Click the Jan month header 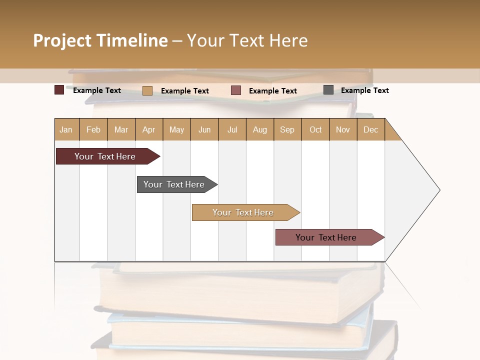point(66,129)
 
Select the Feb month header point(93,129)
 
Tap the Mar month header point(121,129)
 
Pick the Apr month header point(148,129)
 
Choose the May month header point(176,129)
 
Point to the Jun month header point(204,129)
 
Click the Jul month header point(232,129)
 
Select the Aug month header point(259,129)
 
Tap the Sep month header point(287,129)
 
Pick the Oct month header point(315,129)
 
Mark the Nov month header point(343,129)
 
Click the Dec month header point(370,129)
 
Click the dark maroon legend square point(59,90)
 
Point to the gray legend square point(328,90)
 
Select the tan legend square point(147,90)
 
